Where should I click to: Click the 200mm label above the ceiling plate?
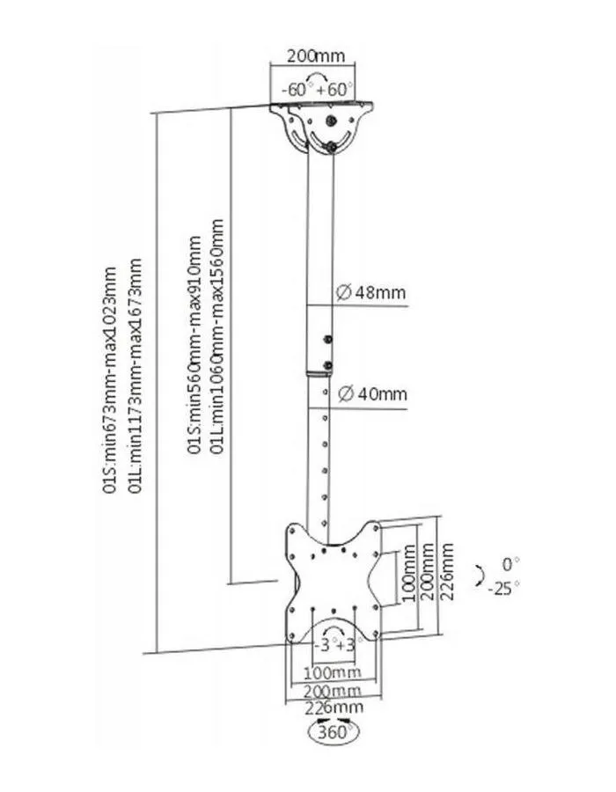(x=316, y=55)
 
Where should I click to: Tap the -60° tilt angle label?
(x=295, y=90)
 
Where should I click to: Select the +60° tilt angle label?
(x=334, y=90)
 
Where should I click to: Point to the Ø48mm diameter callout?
(x=371, y=292)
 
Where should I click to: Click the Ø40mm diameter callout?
(x=372, y=393)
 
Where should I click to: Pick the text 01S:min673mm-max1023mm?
(x=110, y=380)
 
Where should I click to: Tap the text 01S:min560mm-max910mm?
(x=194, y=345)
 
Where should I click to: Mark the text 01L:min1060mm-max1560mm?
(x=216, y=336)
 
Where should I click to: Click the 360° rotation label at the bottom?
(x=334, y=732)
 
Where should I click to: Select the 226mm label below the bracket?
(x=334, y=708)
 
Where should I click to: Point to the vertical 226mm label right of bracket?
(x=447, y=571)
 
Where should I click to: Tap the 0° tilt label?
(x=511, y=563)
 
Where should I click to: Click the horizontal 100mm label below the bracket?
(x=333, y=672)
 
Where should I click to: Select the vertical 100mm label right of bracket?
(x=410, y=573)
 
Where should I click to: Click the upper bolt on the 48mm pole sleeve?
(x=328, y=339)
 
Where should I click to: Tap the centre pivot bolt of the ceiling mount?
(x=331, y=121)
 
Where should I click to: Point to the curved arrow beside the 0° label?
(x=480, y=576)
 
